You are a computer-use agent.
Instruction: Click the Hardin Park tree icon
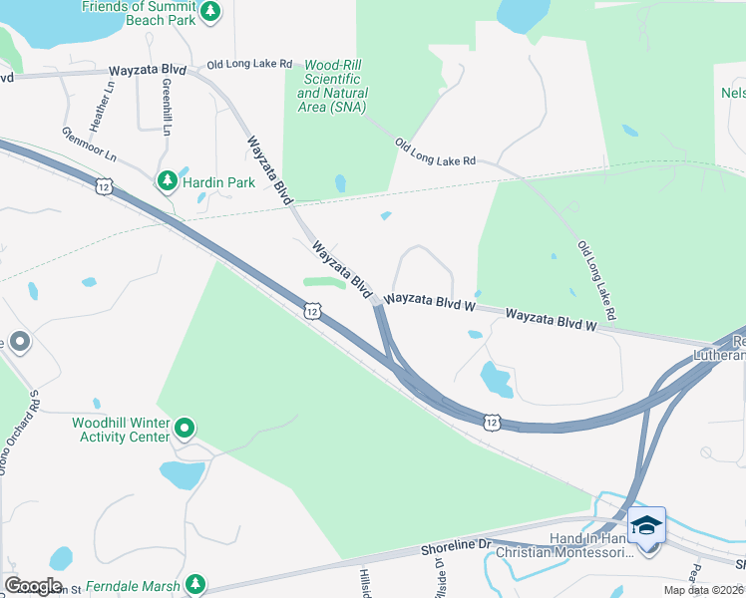(166, 182)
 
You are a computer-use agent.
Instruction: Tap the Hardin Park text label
(219, 183)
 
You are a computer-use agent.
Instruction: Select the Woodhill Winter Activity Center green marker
(185, 430)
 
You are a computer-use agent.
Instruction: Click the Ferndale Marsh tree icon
(197, 584)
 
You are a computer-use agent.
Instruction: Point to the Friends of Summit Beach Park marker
(209, 12)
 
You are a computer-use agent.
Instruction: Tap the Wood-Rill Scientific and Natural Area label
(333, 86)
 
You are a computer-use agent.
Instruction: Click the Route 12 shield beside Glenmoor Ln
(104, 186)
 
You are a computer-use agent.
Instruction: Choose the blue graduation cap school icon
(646, 524)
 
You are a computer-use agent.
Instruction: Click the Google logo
(33, 586)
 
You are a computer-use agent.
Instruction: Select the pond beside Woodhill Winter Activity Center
(182, 475)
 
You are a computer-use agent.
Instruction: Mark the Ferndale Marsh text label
(137, 585)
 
